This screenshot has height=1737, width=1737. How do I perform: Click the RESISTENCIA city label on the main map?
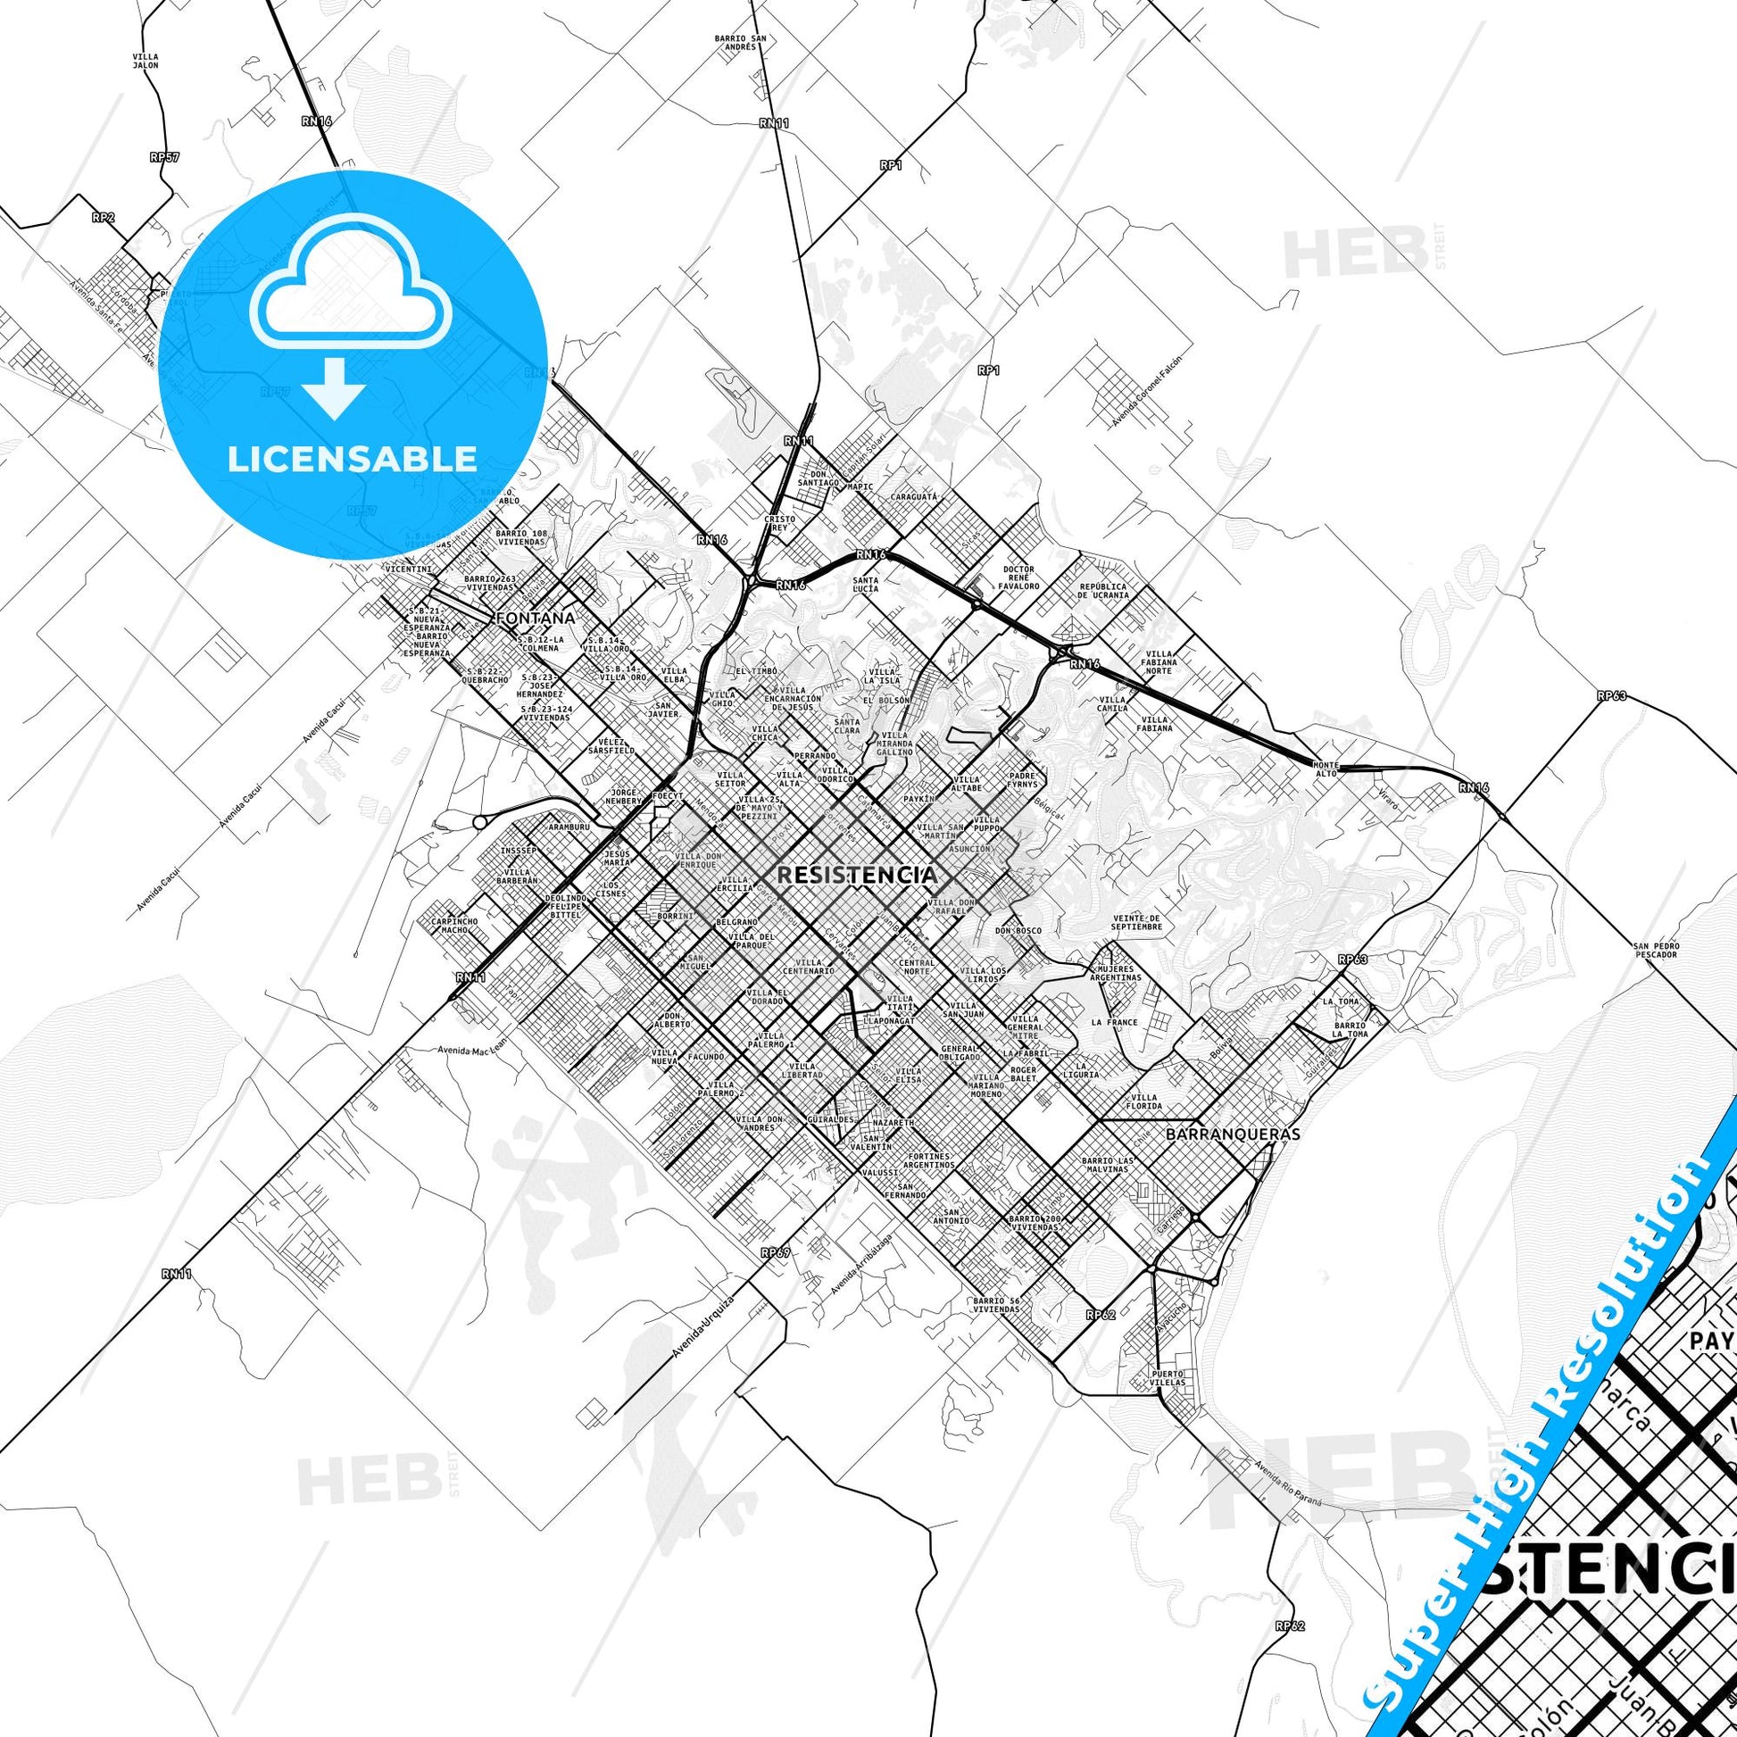(x=856, y=875)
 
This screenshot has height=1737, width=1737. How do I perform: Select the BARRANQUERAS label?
(x=1232, y=1134)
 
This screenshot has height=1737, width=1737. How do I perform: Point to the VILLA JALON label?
(x=145, y=61)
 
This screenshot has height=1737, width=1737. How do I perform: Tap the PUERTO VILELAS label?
(x=1168, y=1402)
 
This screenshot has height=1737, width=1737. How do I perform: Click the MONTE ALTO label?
(x=1326, y=769)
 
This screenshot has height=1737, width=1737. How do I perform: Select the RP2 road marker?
(x=103, y=217)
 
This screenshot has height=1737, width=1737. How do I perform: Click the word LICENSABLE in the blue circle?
(x=353, y=459)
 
